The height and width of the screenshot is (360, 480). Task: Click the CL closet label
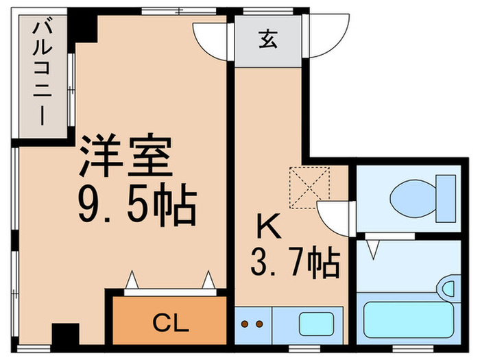click(x=169, y=321)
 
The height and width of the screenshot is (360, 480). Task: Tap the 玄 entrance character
click(x=267, y=40)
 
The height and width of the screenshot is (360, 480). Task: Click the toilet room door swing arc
click(x=337, y=217)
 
